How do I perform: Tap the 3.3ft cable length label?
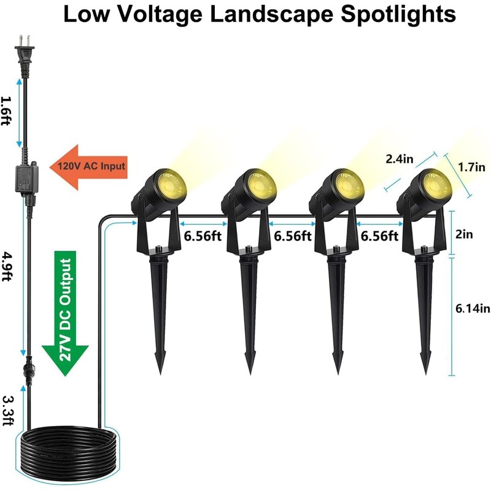[x=8, y=409]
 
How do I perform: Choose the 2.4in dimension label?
[x=400, y=159]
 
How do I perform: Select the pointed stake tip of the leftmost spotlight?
[x=161, y=366]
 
